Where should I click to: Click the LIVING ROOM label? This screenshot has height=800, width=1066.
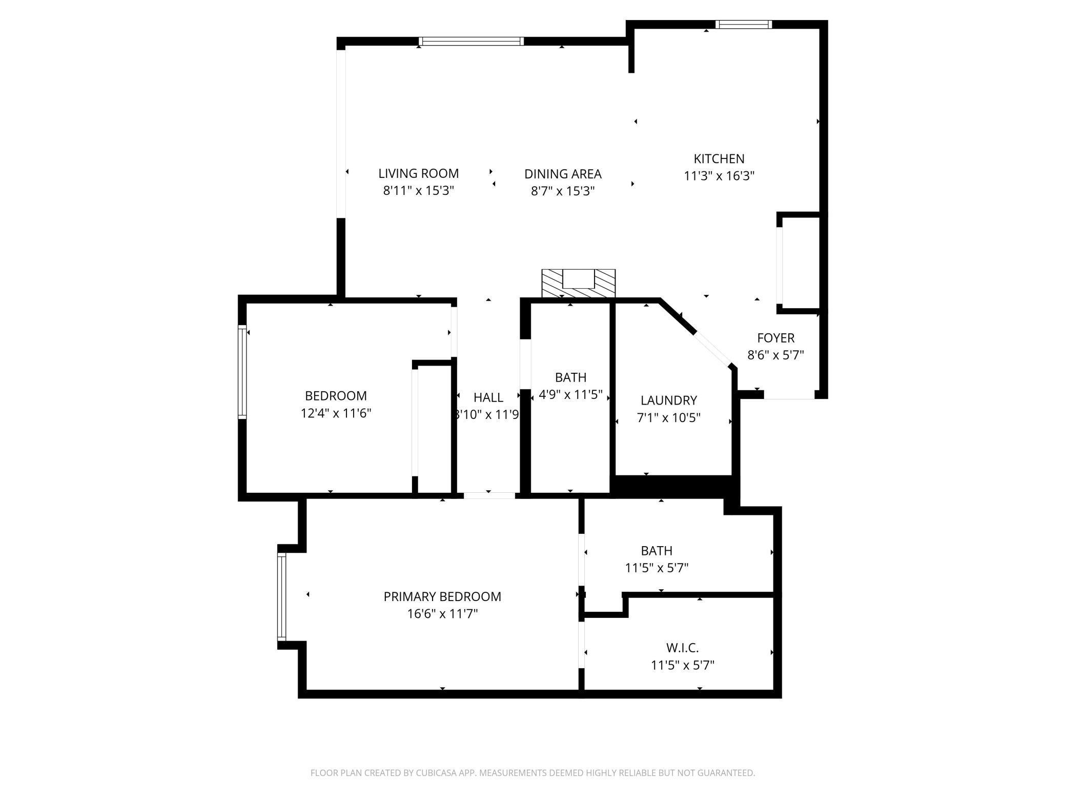(x=418, y=173)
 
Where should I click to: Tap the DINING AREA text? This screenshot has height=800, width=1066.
(x=563, y=174)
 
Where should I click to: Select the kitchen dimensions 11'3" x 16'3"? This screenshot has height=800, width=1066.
(x=719, y=176)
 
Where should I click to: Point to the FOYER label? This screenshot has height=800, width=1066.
(x=775, y=338)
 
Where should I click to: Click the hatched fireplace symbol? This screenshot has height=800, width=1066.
(x=579, y=283)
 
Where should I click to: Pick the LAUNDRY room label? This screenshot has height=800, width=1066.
(x=669, y=400)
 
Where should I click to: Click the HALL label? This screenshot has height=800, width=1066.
(x=488, y=397)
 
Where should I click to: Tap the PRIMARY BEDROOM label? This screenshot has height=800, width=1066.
(x=442, y=596)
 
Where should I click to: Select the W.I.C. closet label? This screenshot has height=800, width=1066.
(x=682, y=648)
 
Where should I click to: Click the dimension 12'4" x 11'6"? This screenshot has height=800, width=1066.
(x=336, y=413)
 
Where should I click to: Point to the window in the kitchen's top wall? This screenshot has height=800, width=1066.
(x=744, y=24)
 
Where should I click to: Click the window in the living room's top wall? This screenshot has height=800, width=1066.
(x=471, y=42)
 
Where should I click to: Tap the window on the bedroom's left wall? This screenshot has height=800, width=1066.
(x=242, y=372)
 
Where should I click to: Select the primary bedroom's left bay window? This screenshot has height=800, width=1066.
(x=281, y=597)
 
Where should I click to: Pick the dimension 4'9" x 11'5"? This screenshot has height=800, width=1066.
(x=570, y=395)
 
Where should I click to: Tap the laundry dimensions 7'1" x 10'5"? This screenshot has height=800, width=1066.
(x=668, y=417)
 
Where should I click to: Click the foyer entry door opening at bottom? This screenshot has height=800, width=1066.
(x=789, y=394)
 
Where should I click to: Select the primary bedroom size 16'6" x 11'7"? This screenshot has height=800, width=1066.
(x=442, y=614)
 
